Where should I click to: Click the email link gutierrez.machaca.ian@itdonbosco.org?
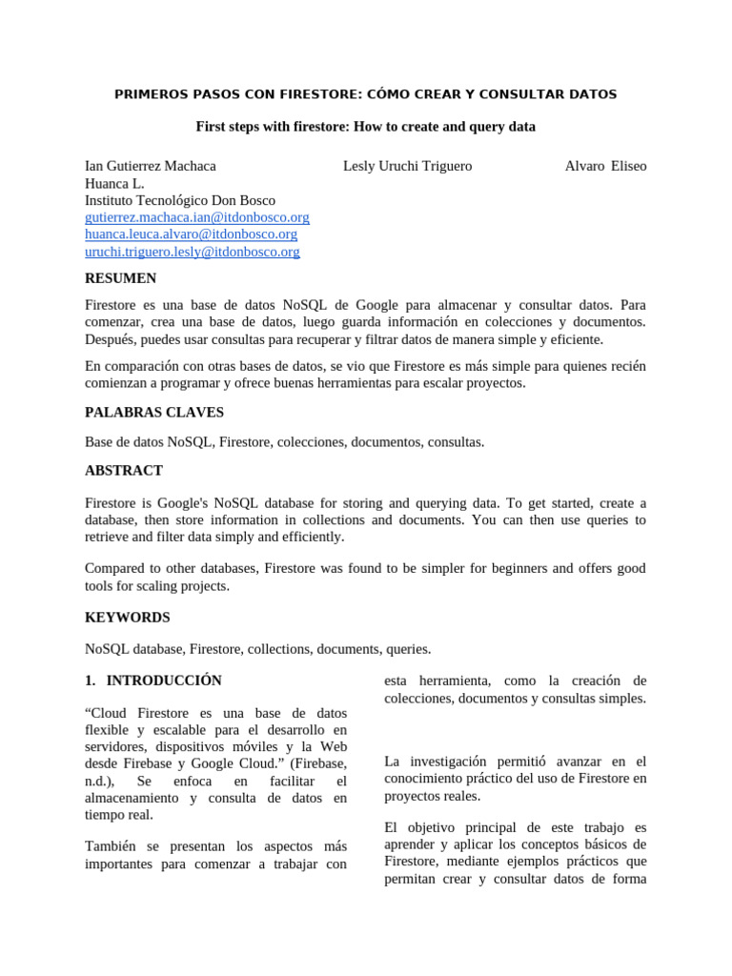(197, 217)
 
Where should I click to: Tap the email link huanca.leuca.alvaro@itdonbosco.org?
(191, 234)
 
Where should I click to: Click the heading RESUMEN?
(120, 278)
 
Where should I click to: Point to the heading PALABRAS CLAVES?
(154, 413)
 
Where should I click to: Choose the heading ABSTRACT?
(124, 470)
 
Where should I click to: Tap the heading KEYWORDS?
(128, 618)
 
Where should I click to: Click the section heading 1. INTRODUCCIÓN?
(153, 681)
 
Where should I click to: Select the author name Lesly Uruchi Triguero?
(407, 166)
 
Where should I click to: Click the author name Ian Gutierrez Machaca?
(151, 166)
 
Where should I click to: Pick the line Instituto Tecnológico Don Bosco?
(180, 200)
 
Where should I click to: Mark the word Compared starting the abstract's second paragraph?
(115, 569)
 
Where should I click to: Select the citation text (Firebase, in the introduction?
(318, 764)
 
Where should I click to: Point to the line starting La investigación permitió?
(516, 762)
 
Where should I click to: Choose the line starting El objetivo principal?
(516, 827)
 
